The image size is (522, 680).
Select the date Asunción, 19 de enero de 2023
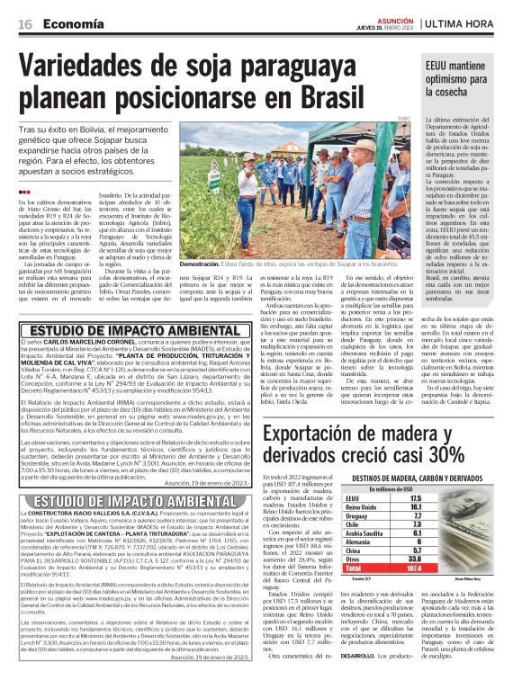tap(206, 481)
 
